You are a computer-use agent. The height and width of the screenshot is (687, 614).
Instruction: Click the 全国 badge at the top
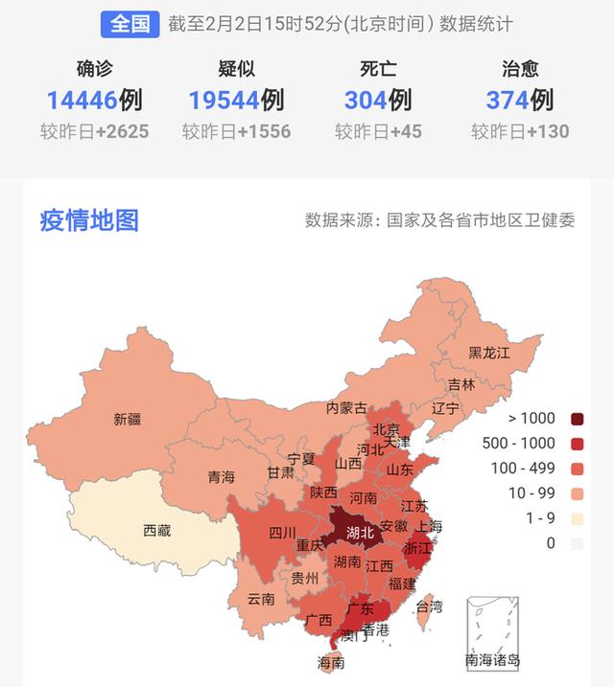click(x=130, y=24)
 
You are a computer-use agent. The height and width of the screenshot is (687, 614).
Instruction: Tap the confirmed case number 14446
click(x=81, y=100)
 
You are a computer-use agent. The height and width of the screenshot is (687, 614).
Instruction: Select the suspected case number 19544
click(x=224, y=100)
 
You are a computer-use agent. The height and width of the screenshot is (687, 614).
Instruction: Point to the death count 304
click(x=365, y=100)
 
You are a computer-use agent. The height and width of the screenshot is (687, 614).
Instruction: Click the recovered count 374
click(x=507, y=100)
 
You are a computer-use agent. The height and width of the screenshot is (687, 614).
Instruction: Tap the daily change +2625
click(x=120, y=131)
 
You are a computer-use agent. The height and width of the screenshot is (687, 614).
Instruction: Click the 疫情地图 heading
click(x=89, y=220)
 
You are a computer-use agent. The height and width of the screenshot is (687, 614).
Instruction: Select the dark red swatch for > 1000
click(x=577, y=419)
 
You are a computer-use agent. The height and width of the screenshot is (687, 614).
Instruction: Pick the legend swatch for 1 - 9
click(x=577, y=518)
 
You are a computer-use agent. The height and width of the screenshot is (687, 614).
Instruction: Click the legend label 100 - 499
click(x=524, y=469)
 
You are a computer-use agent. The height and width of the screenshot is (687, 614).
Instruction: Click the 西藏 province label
click(x=156, y=530)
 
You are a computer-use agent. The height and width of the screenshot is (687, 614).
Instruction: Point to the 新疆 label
click(x=127, y=419)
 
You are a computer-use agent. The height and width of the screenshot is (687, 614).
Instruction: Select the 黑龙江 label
click(x=488, y=353)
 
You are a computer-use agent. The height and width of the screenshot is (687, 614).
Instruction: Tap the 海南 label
click(x=331, y=662)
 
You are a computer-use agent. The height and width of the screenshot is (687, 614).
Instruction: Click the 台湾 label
click(x=428, y=606)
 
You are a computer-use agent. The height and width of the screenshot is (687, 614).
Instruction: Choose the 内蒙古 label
click(x=346, y=407)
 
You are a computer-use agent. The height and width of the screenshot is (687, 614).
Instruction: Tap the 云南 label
click(x=261, y=599)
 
